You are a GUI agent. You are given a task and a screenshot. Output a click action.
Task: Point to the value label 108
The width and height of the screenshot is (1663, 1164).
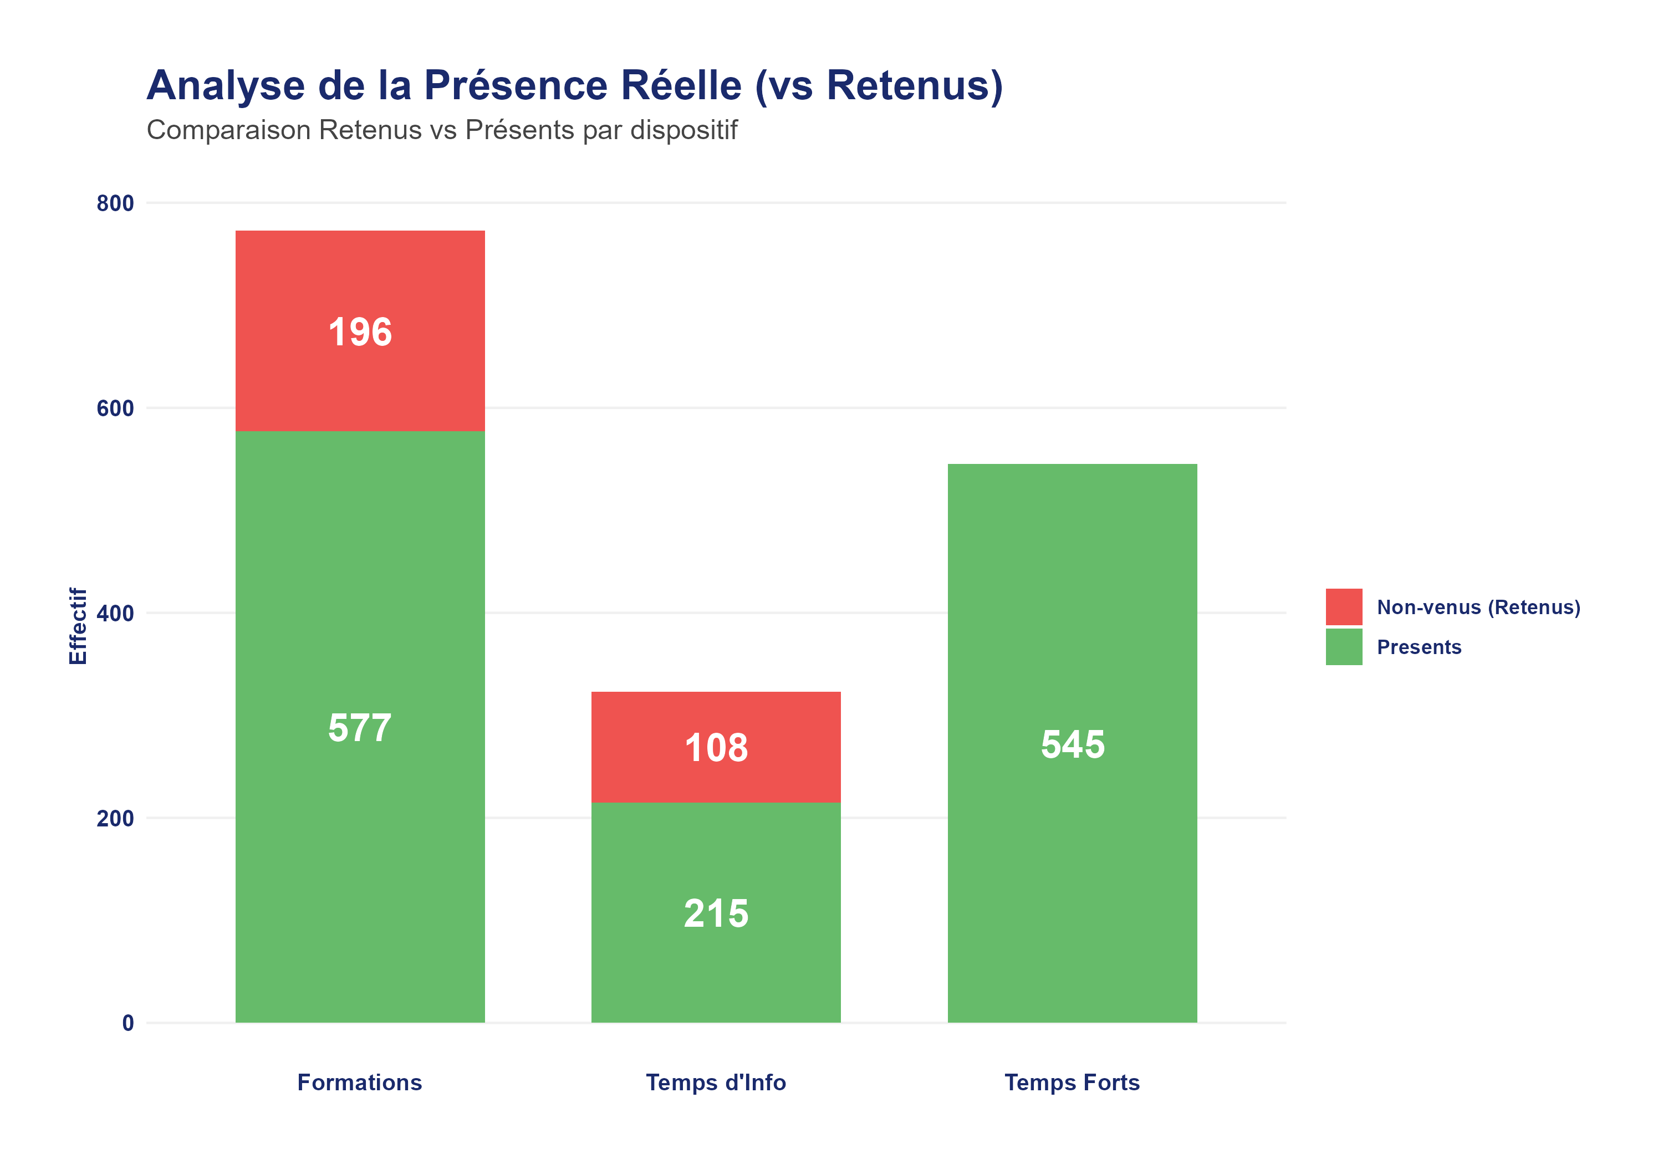pyautogui.click(x=716, y=748)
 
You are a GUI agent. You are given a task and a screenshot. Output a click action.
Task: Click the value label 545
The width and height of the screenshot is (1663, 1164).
pyautogui.click(x=1072, y=744)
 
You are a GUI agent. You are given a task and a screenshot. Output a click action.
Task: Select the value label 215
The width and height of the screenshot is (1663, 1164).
pyautogui.click(x=716, y=913)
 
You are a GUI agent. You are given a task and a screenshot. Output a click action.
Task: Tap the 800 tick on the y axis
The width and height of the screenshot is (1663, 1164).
pyautogui.click(x=115, y=203)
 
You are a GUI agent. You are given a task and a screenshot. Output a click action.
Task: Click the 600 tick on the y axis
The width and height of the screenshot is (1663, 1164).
pyautogui.click(x=115, y=409)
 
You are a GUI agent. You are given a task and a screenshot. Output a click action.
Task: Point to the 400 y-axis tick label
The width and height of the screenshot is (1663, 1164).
pyautogui.click(x=115, y=614)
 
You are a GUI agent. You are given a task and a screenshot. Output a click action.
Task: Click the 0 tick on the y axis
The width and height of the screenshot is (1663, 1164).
pyautogui.click(x=127, y=1023)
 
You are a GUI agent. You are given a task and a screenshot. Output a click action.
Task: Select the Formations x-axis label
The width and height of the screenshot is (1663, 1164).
pyautogui.click(x=359, y=1082)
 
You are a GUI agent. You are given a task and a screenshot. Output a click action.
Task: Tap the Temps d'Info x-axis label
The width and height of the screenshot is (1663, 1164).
pyautogui.click(x=716, y=1082)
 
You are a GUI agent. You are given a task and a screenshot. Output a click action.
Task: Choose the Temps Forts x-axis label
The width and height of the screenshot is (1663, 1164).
pyautogui.click(x=1072, y=1082)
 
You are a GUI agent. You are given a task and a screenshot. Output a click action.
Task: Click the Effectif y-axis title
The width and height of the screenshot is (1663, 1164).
pyautogui.click(x=78, y=626)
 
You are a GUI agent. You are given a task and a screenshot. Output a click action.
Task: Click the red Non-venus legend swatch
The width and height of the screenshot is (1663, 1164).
pyautogui.click(x=1344, y=607)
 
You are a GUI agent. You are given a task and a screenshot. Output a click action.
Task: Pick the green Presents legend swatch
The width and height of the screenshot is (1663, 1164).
pyautogui.click(x=1344, y=647)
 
